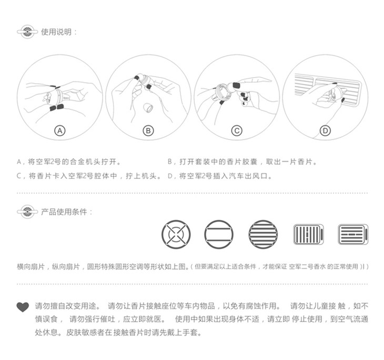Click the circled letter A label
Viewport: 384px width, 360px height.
60,131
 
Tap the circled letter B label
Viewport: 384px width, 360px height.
148,131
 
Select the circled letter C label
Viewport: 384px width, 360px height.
237,131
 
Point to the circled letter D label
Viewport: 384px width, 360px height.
325,131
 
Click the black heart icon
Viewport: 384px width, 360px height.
23,307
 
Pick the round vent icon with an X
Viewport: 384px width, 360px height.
176,234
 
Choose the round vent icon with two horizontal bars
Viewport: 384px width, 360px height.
219,234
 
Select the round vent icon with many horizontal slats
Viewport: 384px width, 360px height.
263,234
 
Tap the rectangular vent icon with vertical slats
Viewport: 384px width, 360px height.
309,234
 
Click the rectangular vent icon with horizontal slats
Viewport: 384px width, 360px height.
353,234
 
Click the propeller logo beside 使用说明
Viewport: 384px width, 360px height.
27,32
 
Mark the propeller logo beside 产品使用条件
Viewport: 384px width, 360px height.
27,212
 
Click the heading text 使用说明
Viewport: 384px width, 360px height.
56,32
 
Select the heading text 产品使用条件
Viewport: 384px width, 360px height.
64,212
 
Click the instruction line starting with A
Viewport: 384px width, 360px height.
68,162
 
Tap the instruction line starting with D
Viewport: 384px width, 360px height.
220,176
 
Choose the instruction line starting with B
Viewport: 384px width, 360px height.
242,162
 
